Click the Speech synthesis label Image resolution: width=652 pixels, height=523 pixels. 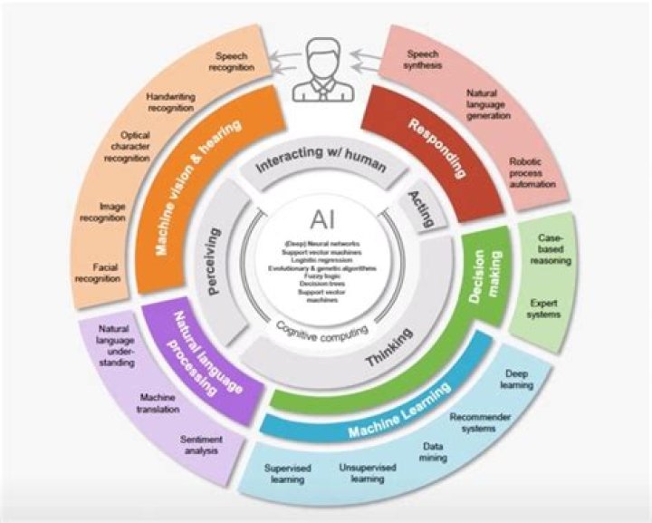pyautogui.click(x=422, y=60)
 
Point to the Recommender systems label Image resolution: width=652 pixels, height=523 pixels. pyautogui.click(x=481, y=423)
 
